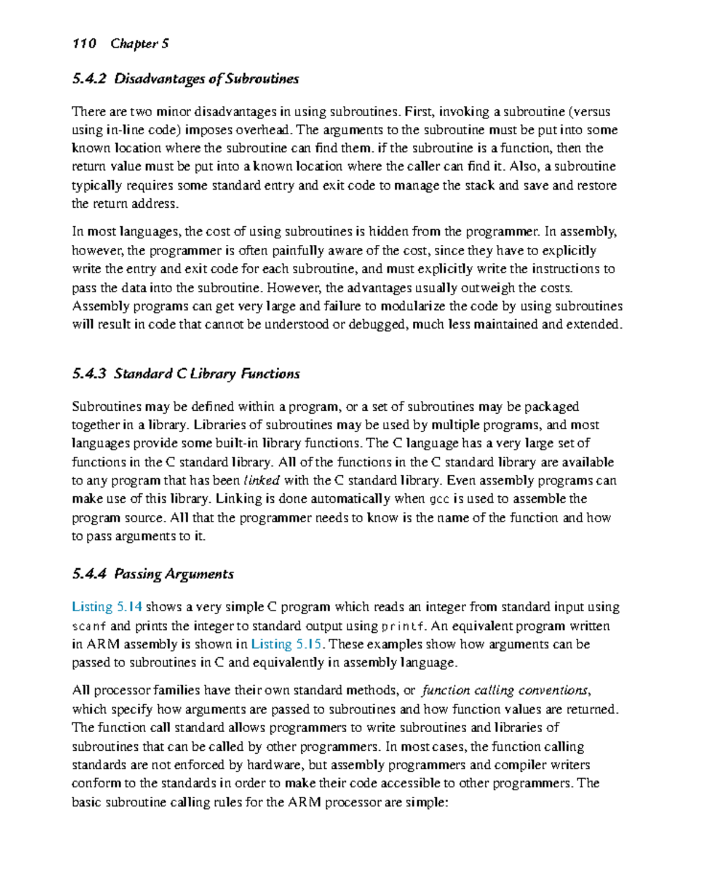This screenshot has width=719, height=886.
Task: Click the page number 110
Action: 84,44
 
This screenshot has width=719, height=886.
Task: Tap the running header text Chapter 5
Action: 140,44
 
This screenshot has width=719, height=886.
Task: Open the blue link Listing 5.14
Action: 107,607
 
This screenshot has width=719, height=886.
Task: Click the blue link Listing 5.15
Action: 286,644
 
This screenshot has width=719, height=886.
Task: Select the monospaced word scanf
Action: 89,626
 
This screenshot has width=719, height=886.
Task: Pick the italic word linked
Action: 262,481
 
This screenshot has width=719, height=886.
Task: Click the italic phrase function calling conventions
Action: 505,690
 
